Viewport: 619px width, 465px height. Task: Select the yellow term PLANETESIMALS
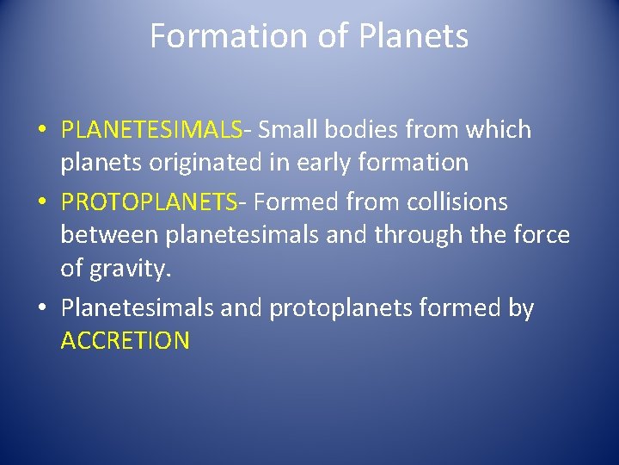(151, 130)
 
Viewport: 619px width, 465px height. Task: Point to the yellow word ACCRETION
(125, 340)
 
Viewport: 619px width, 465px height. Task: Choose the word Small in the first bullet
(290, 130)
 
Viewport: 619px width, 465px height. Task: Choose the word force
(540, 234)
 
